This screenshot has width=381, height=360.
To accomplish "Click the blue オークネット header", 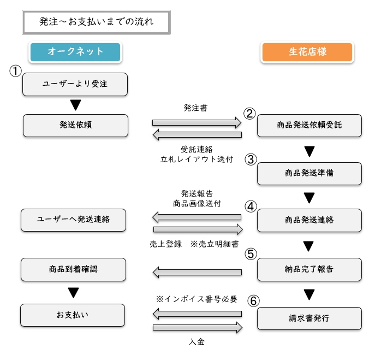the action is [x=75, y=52].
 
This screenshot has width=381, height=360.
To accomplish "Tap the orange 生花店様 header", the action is [x=307, y=52].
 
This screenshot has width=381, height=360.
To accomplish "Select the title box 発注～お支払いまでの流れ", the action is [x=96, y=22].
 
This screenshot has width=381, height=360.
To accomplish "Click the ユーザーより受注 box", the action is [x=75, y=85].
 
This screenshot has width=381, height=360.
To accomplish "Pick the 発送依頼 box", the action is [x=75, y=126].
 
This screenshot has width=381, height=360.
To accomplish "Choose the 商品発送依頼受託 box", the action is [x=309, y=126].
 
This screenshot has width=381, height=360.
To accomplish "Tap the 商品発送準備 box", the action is [x=309, y=174].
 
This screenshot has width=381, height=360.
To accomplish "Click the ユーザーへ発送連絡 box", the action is [x=73, y=220].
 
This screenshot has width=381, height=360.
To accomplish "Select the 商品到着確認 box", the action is [x=73, y=269].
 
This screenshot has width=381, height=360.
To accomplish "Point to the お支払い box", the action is [x=73, y=315].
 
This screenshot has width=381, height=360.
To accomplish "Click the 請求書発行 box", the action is [x=309, y=318].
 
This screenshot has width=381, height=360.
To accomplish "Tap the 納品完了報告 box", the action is [x=309, y=269].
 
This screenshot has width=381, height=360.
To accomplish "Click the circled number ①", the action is [x=15, y=71].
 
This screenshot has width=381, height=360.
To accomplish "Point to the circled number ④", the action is [x=251, y=206].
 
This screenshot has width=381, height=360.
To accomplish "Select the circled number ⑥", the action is [x=253, y=301].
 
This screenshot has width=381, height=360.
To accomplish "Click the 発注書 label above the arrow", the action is [x=195, y=108].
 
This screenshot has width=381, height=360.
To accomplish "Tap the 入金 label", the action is [x=197, y=342].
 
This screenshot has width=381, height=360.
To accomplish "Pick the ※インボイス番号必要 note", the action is [x=197, y=299].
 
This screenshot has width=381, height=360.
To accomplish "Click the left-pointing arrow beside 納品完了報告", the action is [x=197, y=272].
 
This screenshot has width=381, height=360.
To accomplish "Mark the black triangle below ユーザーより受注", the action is [x=75, y=105].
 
